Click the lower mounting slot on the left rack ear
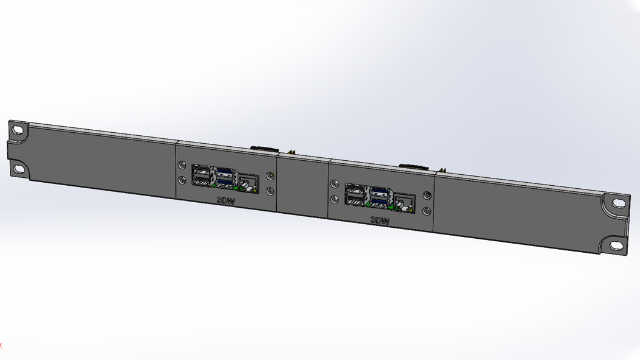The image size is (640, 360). click(18, 168)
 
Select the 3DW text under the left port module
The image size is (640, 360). click(226, 199)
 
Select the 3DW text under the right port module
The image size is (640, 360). click(380, 220)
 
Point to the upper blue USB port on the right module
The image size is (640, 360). click(379, 191)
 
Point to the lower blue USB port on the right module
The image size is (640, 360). click(379, 202)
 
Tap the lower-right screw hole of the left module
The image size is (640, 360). click(271, 191)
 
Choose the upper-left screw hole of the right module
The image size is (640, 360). click(335, 185)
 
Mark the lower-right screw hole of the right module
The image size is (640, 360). click(427, 211)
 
